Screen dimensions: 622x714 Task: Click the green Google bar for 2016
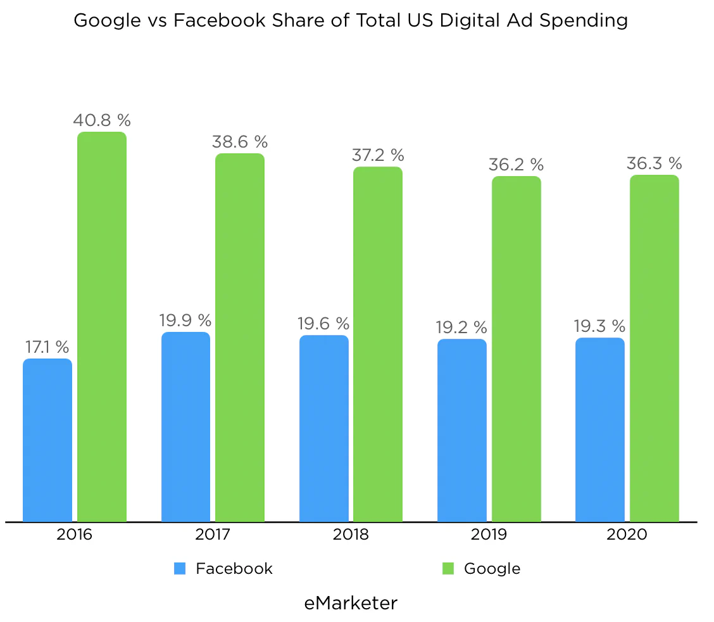102,327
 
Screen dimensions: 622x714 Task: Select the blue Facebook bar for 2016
47,440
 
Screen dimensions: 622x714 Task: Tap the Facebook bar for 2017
185,427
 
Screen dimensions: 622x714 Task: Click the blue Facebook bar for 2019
462,430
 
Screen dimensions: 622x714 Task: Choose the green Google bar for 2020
654,348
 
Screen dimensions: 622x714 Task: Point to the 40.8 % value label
102,120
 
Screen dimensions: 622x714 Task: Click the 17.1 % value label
47,347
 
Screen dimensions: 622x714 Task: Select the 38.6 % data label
240,141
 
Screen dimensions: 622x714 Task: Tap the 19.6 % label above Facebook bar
323,324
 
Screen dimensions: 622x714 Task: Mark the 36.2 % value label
516,165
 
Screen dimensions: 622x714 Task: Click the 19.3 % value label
599,326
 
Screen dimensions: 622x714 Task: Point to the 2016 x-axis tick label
74,535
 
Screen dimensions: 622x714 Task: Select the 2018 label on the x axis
351,535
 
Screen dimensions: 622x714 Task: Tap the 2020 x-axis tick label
627,535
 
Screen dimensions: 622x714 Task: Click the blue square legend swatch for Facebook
180,569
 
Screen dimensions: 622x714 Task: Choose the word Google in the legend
492,569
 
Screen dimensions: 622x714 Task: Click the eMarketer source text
351,603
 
